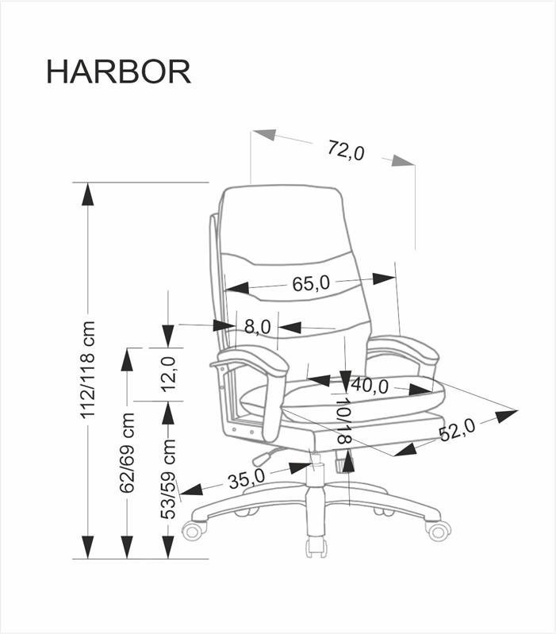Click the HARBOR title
pyautogui.click(x=118, y=71)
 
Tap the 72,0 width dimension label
pyautogui.click(x=345, y=149)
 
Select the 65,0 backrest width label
pyautogui.click(x=310, y=282)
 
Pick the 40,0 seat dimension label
pyautogui.click(x=369, y=386)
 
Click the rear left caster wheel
pyautogui.click(x=194, y=529)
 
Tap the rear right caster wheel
pyautogui.click(x=438, y=529)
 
